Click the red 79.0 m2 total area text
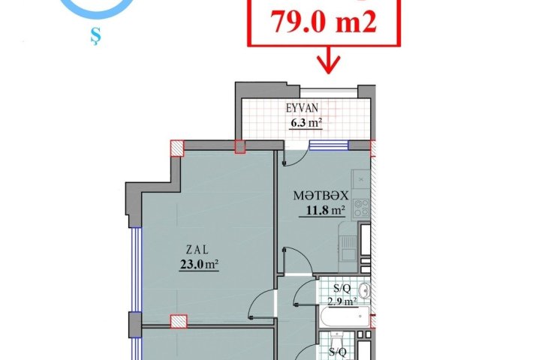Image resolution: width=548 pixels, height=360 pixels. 324,22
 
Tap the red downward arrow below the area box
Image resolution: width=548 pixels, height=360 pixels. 328,60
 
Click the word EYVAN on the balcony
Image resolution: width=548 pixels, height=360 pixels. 303,108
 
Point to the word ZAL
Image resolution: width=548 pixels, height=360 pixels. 197,250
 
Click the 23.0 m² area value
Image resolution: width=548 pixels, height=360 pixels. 199,264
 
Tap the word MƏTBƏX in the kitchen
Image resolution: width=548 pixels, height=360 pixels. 321,196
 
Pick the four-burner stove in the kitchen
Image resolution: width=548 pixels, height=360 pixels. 361,208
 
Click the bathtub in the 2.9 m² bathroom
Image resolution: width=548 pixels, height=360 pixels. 345,316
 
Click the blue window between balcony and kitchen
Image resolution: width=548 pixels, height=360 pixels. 329,145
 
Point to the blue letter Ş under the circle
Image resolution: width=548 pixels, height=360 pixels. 94,37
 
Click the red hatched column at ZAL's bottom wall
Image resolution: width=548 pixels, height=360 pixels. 179,322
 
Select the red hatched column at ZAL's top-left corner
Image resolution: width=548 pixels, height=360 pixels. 177,148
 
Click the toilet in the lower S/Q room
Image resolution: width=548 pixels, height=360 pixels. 337,340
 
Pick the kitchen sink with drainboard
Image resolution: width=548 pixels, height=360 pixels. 348,248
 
